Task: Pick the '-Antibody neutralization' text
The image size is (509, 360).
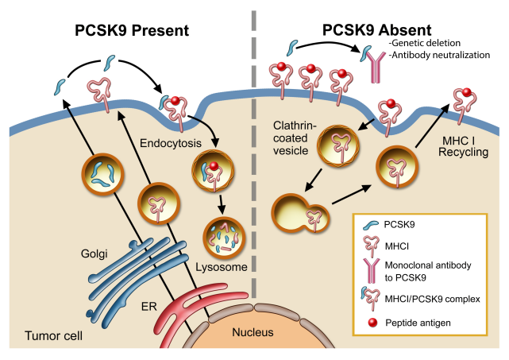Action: (x=440, y=55)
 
